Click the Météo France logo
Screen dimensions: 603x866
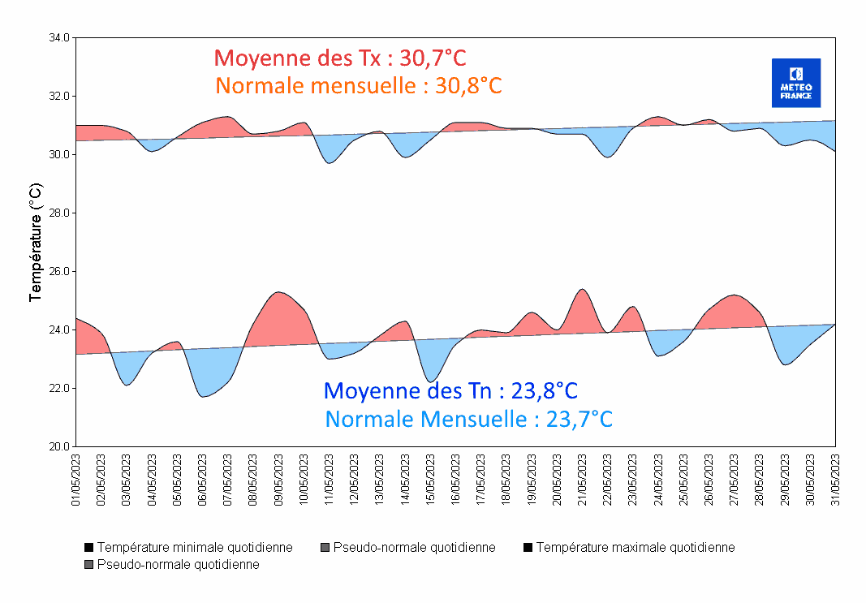(x=795, y=83)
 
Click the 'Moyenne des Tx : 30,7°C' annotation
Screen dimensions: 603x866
(x=340, y=58)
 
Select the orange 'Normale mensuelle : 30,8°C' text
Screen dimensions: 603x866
(x=359, y=85)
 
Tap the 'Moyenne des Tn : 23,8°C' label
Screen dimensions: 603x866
(x=450, y=390)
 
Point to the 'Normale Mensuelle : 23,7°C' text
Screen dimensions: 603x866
(x=468, y=420)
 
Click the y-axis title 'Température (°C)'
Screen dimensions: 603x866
(x=35, y=242)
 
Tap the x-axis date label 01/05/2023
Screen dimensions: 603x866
(x=76, y=480)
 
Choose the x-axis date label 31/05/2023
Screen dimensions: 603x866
(x=835, y=480)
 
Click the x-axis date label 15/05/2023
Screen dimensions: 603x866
(x=430, y=480)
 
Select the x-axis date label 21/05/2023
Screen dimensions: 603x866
(x=582, y=480)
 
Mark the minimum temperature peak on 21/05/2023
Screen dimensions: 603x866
(x=582, y=289)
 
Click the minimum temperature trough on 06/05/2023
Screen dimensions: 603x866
(x=203, y=396)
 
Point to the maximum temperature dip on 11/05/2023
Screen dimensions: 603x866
(x=329, y=163)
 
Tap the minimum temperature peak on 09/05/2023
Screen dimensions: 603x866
(x=278, y=292)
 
